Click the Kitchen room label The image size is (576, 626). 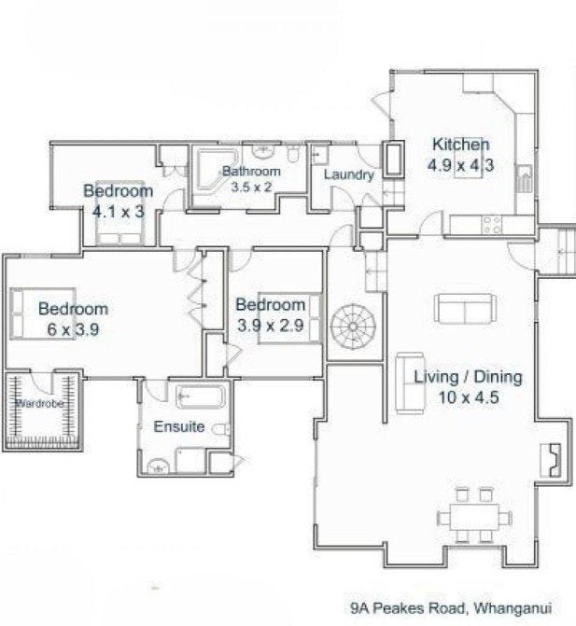click(460, 144)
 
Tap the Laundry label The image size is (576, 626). click(349, 174)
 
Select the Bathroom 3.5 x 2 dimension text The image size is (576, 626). click(251, 187)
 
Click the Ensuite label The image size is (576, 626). click(179, 426)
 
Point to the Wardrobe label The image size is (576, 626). click(39, 404)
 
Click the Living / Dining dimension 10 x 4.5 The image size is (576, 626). click(469, 397)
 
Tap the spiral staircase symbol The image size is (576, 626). click(353, 327)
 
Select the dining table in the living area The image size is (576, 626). click(474, 517)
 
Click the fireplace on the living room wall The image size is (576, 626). click(551, 460)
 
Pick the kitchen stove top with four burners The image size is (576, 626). click(492, 224)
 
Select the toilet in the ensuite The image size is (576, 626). click(221, 429)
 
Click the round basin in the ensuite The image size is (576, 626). click(159, 466)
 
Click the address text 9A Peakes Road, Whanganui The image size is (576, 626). click(451, 608)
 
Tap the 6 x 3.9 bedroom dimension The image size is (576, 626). click(73, 329)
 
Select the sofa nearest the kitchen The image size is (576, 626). click(465, 309)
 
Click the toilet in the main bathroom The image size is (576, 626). click(293, 153)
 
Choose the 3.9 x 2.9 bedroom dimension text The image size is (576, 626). click(271, 326)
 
